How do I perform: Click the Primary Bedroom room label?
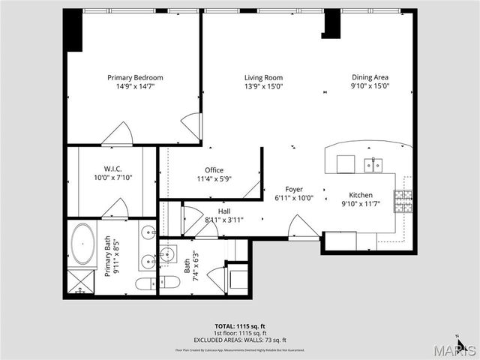click(x=135, y=77)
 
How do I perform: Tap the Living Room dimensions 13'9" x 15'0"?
click(x=262, y=86)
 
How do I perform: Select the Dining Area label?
click(x=370, y=77)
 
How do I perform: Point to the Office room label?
click(x=214, y=170)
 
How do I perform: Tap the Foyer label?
click(x=294, y=189)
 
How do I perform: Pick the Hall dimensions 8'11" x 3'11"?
click(x=223, y=220)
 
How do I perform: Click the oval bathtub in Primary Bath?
click(x=82, y=243)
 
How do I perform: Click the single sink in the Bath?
click(x=168, y=252)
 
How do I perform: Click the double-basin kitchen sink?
click(x=374, y=164)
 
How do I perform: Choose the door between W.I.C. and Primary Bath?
click(x=115, y=208)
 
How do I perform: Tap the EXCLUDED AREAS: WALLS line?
click(x=239, y=339)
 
